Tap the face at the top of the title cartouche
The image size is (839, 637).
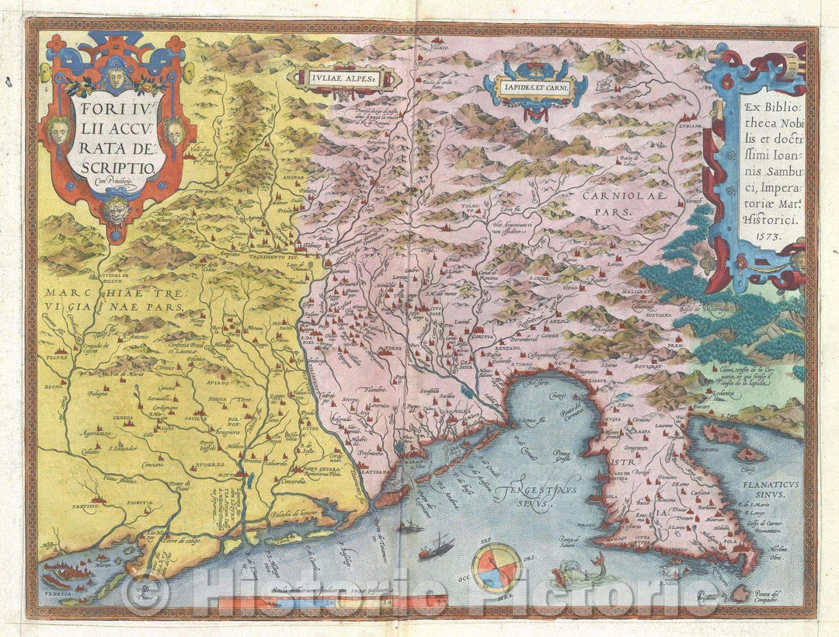click(115, 77)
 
